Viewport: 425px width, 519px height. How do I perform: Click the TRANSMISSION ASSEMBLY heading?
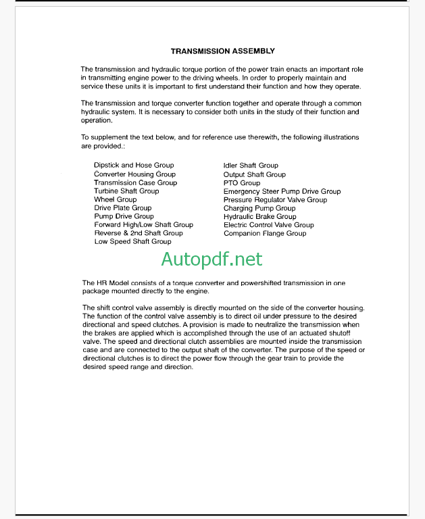click(222, 51)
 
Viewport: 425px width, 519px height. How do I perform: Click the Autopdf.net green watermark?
click(211, 258)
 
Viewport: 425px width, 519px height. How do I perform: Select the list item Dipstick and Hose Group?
click(134, 165)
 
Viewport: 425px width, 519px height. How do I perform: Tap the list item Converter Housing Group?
click(134, 174)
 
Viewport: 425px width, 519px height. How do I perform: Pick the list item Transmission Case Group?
click(135, 182)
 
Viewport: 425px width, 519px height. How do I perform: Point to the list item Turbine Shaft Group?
click(126, 191)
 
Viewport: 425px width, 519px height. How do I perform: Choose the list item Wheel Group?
click(115, 199)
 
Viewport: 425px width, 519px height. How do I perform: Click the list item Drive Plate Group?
click(122, 208)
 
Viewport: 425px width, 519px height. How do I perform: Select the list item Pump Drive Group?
click(124, 216)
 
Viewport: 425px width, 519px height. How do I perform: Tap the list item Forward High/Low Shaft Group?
click(143, 224)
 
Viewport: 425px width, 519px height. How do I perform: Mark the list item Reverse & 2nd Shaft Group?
click(139, 233)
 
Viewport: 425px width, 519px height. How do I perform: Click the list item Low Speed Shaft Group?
click(132, 241)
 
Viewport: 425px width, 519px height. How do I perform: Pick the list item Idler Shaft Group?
click(251, 165)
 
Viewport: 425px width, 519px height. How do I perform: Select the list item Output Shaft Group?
click(254, 174)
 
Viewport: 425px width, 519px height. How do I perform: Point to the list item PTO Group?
click(241, 182)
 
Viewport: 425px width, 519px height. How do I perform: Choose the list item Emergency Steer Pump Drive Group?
click(282, 191)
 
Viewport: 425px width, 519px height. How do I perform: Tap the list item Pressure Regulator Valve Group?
click(275, 200)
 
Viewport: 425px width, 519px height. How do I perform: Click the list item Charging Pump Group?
click(259, 208)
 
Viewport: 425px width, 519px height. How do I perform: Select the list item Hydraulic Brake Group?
click(259, 217)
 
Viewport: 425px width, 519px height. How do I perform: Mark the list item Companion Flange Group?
click(265, 233)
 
